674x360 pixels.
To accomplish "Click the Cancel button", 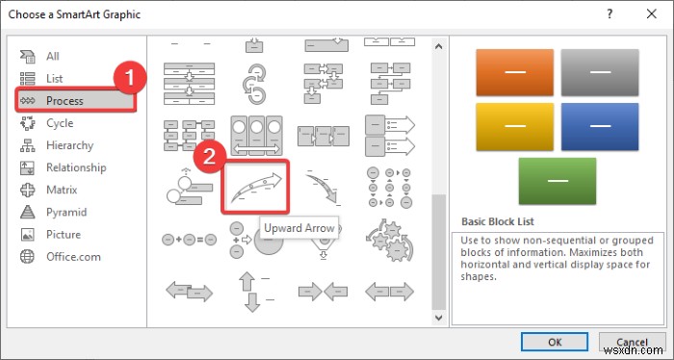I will (631, 341).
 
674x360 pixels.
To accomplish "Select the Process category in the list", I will (65, 101).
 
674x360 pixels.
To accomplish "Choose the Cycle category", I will (59, 123).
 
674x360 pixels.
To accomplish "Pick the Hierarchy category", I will (69, 145).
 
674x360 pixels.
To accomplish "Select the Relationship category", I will (76, 167).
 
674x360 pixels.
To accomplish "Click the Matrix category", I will (63, 190).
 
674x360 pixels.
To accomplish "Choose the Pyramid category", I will (65, 212).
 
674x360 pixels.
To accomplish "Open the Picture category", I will (64, 234).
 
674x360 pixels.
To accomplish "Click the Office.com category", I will (72, 256).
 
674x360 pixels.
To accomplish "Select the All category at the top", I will (53, 57).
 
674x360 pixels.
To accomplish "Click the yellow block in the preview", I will (508, 127).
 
